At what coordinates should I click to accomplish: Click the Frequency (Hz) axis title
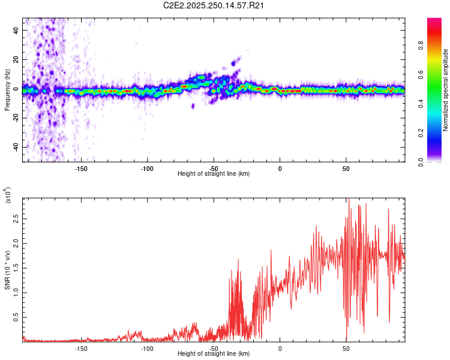coord(7,89)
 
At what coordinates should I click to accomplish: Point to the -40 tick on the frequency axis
coord(15,147)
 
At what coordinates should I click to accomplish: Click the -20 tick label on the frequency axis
coord(15,118)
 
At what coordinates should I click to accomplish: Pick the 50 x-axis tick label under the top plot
coord(346,169)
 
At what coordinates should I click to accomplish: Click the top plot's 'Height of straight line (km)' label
coord(214,174)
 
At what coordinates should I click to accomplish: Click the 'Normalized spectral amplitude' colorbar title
coord(445,90)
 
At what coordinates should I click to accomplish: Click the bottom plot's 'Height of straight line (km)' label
coord(214,354)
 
